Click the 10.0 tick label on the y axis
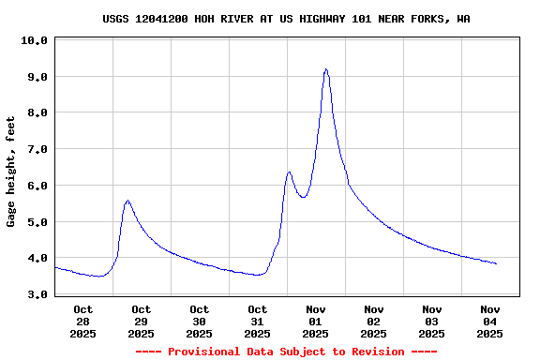[x=34, y=40]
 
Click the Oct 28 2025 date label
[x=82, y=321]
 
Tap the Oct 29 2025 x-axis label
[x=141, y=321]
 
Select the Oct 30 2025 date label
[x=199, y=321]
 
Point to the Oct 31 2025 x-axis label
[x=257, y=321]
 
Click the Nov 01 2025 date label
[x=315, y=321]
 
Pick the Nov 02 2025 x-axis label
[x=373, y=321]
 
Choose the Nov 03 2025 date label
[x=431, y=321]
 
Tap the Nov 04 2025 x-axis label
[x=489, y=321]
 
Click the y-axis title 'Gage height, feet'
[x=11, y=172]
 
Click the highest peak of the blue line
[x=325, y=69]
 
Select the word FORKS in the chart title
[x=432, y=19]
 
